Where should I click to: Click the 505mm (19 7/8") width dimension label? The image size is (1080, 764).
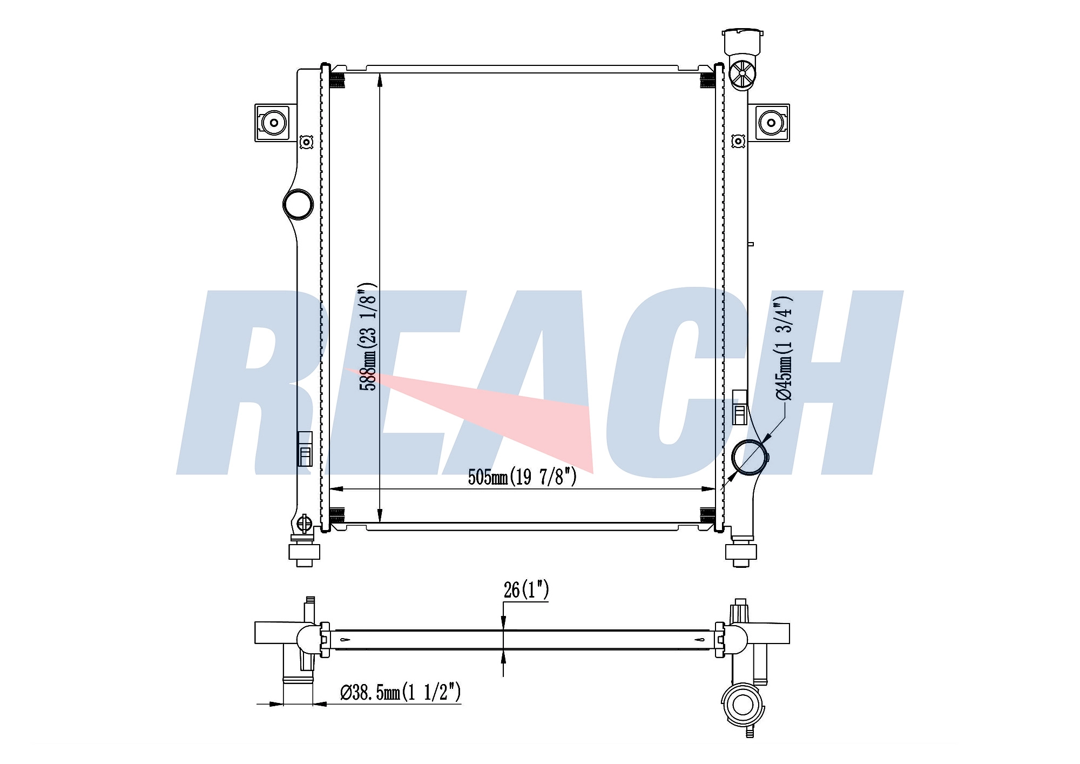[522, 477]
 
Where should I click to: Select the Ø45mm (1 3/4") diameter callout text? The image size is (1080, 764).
[784, 349]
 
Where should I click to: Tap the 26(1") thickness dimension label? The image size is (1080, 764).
[526, 589]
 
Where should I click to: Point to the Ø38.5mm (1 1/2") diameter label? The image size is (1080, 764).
[400, 692]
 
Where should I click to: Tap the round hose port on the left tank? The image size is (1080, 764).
[298, 204]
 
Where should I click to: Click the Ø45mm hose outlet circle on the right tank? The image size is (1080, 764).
[749, 458]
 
